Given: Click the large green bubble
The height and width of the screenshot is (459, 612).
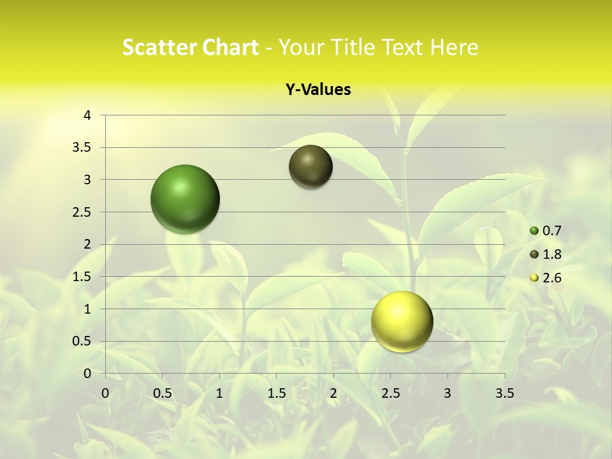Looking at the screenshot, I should (x=185, y=199).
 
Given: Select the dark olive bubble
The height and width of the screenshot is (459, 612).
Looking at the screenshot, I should (x=310, y=166).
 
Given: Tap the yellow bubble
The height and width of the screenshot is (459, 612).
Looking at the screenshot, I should (x=402, y=322).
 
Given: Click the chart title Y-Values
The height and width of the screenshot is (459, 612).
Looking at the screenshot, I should (x=318, y=90).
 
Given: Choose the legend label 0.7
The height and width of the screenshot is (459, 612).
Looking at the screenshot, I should (x=551, y=231).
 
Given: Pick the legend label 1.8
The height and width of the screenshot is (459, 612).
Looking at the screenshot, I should (x=551, y=254).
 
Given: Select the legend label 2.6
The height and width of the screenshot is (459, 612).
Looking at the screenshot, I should (x=551, y=278).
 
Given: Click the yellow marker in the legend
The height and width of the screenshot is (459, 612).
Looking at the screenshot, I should (x=534, y=278).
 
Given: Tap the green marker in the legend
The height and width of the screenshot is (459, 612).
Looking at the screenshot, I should (x=534, y=231).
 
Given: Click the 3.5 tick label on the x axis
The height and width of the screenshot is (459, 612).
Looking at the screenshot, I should (x=505, y=393).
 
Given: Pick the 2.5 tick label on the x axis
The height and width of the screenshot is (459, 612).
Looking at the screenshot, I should (x=391, y=393).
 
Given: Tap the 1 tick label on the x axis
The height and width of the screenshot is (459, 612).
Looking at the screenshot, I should (x=219, y=393).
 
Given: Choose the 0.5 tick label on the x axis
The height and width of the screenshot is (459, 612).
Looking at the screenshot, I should (x=163, y=393).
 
